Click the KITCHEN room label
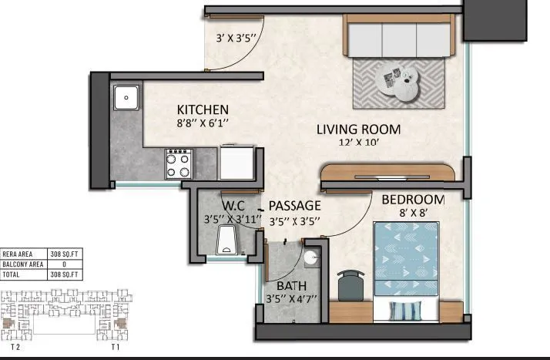pos(202,109)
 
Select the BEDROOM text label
pos(413,199)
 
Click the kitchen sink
pos(125,98)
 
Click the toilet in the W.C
pos(226,241)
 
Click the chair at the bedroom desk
pos(351,284)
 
